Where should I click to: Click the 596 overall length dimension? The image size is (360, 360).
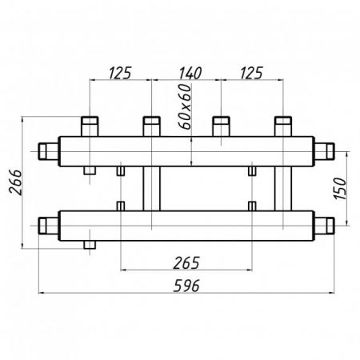coord(186,286)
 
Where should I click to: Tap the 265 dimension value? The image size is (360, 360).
coord(186,263)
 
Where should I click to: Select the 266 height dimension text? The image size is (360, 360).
coord(15,182)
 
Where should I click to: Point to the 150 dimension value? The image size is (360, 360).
coord(340,189)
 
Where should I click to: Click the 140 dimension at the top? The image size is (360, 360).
coord(190,73)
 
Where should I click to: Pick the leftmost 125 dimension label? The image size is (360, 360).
coord(120,73)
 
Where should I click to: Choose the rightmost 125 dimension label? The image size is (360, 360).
coord(251,73)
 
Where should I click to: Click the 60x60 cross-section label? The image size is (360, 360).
coord(186,106)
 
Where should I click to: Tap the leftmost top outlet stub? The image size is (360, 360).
coord(90,126)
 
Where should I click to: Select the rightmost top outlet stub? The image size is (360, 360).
coord(283,126)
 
